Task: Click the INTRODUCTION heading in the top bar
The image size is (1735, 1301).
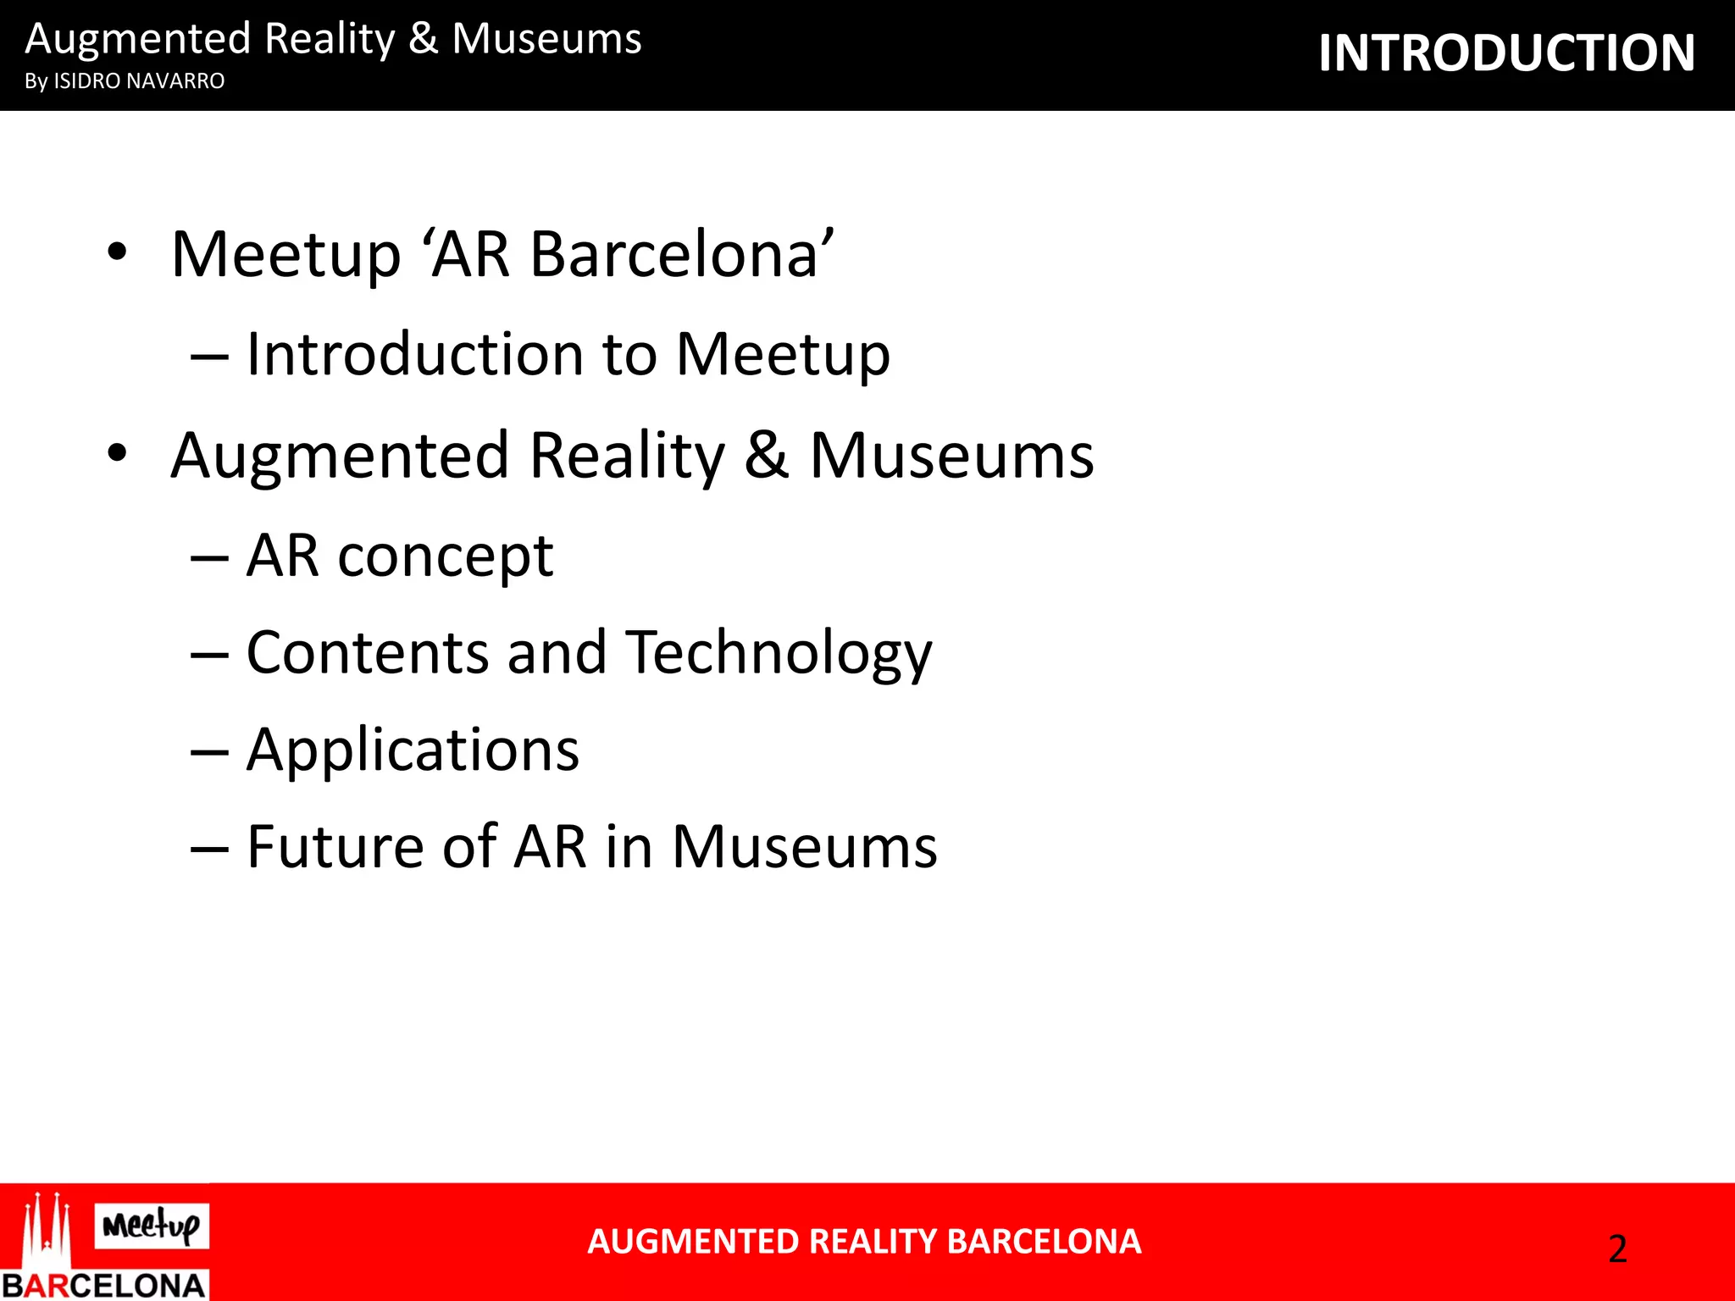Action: point(1506,53)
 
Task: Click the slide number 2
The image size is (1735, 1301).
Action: point(1617,1249)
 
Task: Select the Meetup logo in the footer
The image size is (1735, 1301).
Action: point(152,1226)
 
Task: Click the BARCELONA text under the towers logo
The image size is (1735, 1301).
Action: point(103,1285)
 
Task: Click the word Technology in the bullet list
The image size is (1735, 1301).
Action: point(779,654)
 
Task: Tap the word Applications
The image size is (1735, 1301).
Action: point(413,750)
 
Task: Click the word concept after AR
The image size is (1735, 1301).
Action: point(445,556)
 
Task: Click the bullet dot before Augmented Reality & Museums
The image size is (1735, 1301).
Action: point(117,453)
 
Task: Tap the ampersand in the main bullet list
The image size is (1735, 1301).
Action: point(767,455)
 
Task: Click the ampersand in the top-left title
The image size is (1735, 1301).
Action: point(424,39)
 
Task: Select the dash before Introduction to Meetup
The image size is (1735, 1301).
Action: point(209,357)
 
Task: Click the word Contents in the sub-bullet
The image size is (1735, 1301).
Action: point(368,653)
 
